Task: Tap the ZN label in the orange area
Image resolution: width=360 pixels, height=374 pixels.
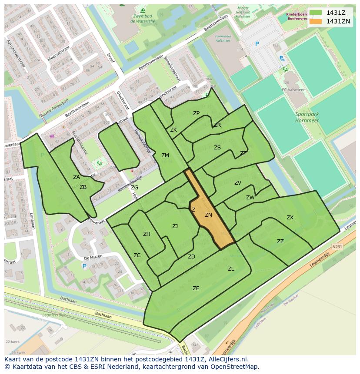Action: click(208, 215)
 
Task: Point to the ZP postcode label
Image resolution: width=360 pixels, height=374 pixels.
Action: click(196, 113)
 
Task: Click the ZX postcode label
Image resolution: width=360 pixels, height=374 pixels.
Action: click(290, 218)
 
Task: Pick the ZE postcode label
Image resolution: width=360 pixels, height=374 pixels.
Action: click(196, 288)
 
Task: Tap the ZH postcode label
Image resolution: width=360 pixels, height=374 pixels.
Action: click(147, 234)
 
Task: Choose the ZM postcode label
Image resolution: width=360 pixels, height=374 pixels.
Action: click(165, 156)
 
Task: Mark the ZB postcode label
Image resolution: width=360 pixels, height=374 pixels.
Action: click(83, 187)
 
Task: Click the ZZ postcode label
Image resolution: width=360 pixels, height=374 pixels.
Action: click(280, 242)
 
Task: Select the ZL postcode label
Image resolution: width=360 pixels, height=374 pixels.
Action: click(231, 269)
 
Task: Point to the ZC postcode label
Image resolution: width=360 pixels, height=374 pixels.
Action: click(137, 255)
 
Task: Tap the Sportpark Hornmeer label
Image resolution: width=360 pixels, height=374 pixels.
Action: click(307, 117)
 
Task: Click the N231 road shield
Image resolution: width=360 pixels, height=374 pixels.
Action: click(337, 246)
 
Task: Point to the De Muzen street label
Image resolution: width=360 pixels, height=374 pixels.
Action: click(93, 257)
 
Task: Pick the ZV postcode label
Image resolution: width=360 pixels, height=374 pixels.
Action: click(238, 183)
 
